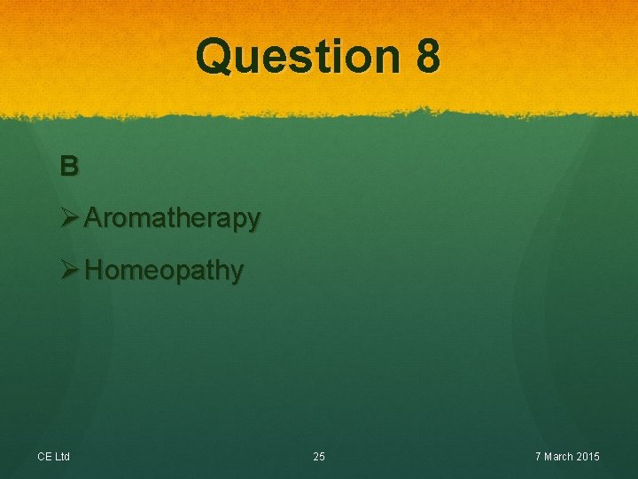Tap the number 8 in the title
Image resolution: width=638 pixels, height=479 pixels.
coord(426,56)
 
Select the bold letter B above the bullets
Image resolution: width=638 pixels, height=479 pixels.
coord(69,166)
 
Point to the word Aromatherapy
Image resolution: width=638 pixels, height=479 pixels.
coord(173,218)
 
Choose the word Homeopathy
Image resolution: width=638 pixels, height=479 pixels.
coord(165,271)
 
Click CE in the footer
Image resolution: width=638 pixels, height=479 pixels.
coord(44,457)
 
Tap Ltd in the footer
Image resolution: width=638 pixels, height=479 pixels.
coord(62,457)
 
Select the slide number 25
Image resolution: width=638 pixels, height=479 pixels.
coord(319,457)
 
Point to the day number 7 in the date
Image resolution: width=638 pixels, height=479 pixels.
coord(539,457)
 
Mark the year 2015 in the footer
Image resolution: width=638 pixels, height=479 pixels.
coord(589,457)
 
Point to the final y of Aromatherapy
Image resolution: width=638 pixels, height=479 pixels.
coord(253,221)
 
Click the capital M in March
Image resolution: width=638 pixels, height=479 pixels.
coord(549,457)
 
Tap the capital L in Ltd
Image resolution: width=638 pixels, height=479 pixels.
coord(57,457)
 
